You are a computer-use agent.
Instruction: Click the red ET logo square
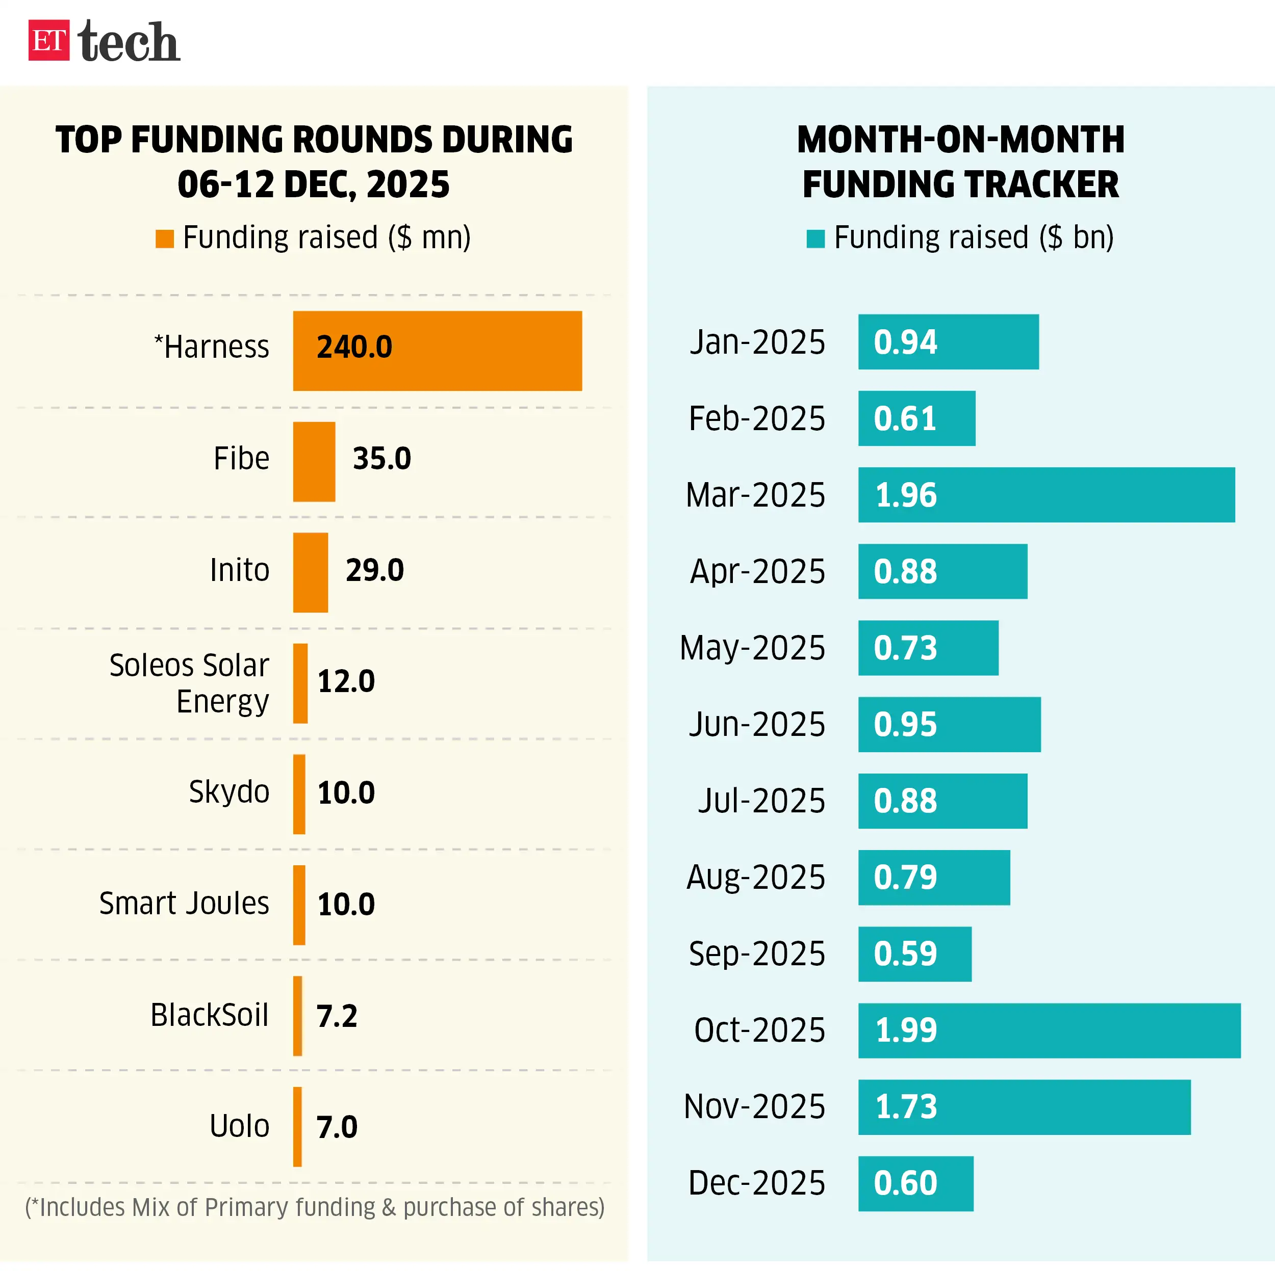(48, 40)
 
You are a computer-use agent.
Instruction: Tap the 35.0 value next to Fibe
(381, 458)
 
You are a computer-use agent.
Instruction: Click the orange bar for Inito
(310, 572)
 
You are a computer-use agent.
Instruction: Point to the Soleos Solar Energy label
(189, 683)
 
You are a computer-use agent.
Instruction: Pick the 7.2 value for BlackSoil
(337, 1015)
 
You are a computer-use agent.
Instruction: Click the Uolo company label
(239, 1126)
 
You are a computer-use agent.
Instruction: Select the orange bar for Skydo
(299, 793)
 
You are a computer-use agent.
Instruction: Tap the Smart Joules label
(184, 903)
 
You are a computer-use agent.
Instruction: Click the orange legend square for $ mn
(164, 239)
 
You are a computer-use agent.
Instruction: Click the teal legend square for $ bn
(815, 239)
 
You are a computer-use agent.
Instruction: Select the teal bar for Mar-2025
(1045, 495)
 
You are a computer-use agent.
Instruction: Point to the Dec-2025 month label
(756, 1183)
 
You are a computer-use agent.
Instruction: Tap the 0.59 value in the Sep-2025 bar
(905, 954)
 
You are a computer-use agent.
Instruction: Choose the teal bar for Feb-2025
(916, 418)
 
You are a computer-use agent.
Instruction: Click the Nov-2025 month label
(754, 1106)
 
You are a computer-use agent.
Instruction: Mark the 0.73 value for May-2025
(905, 648)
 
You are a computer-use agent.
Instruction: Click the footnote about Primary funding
(315, 1207)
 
